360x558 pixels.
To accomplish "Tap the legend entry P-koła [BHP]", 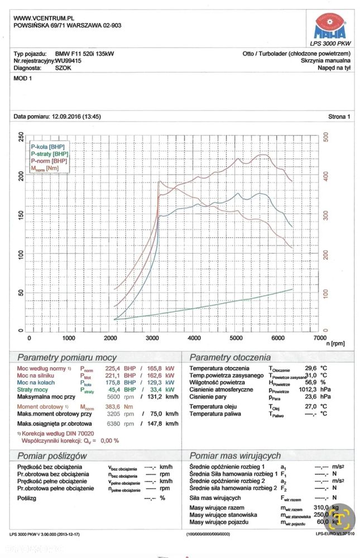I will (49, 146).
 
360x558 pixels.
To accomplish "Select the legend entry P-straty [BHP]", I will (50, 153).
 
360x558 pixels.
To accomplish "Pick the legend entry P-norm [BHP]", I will (50, 161).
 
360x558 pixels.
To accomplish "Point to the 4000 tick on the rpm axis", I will (194, 338).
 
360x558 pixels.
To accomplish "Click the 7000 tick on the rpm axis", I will (320, 338).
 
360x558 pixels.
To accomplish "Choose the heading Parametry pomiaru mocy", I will (67, 357).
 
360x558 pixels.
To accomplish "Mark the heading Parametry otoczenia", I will (230, 357).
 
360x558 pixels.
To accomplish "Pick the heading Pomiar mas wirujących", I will (235, 455).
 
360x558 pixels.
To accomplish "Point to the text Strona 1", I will (339, 117).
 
